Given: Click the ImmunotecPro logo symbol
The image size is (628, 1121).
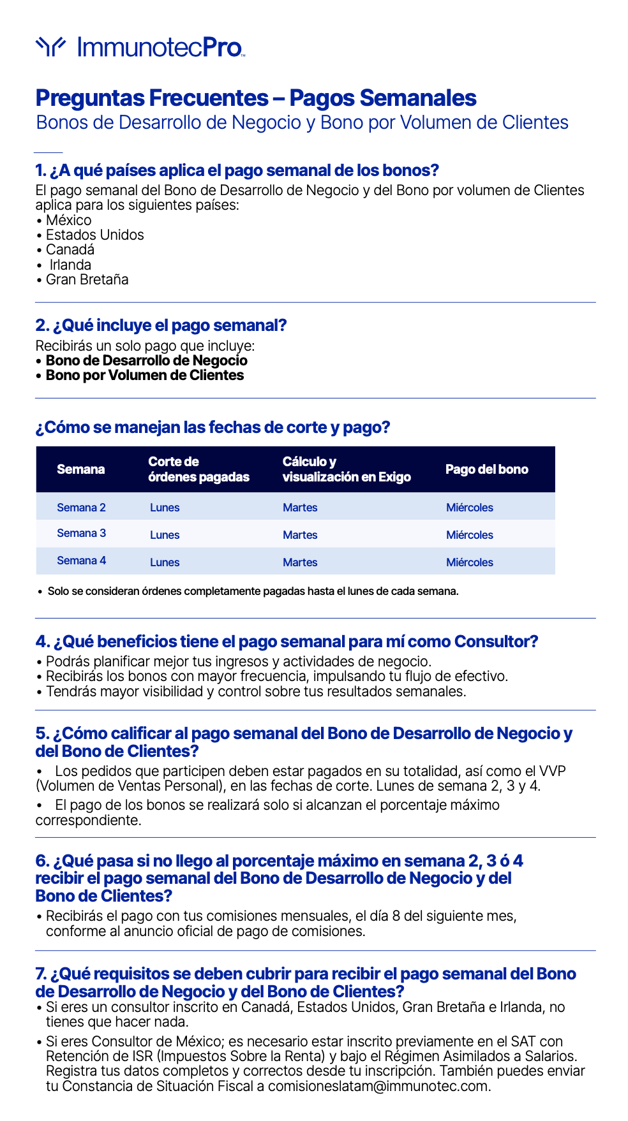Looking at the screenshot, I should point(50,46).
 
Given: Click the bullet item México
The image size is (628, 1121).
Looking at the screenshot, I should point(68,220).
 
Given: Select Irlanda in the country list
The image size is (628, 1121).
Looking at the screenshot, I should point(70,265).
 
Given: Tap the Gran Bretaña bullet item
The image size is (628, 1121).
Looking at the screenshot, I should point(87,279).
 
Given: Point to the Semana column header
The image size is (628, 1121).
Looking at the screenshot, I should point(80,469).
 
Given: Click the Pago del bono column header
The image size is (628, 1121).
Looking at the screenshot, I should point(486,469).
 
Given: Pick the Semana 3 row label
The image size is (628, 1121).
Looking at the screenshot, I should point(81,533).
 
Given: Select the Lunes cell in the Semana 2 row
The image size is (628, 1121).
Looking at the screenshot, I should point(165,508).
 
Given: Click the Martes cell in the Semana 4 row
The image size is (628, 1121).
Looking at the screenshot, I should point(300,562).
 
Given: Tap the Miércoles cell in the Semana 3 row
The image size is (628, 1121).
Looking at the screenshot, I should point(469,535).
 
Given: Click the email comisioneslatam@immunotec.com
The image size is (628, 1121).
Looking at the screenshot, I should point(378,1086).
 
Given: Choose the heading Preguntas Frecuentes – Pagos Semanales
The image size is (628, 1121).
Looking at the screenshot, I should point(256,98).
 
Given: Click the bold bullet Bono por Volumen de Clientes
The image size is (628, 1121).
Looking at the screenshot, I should point(144,375).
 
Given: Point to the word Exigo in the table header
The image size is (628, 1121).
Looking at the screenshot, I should point(394,477).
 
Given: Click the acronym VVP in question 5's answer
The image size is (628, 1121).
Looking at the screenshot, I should point(552,771).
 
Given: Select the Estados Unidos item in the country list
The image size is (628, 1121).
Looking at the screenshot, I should point(94,235).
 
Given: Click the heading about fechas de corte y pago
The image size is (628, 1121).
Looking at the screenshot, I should point(213,427).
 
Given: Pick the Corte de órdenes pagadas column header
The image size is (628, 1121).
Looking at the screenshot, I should point(198,469).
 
